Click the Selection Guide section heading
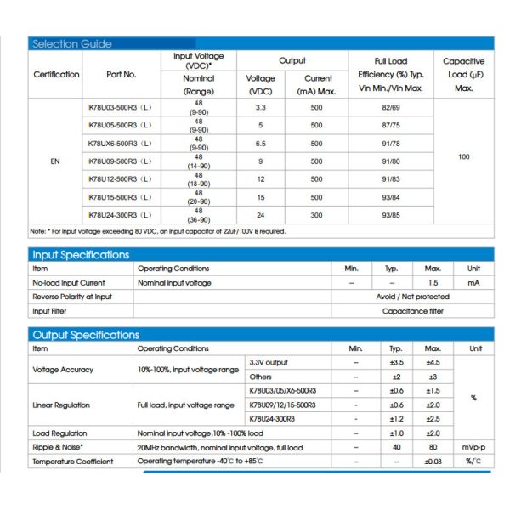point(71,44)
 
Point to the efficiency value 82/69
point(391,107)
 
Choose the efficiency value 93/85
point(391,215)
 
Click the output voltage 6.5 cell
point(261,144)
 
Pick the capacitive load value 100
point(463,157)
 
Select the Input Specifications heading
point(81,255)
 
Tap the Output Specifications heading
point(85,335)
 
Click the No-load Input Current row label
point(69,282)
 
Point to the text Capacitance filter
point(413,311)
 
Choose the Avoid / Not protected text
point(413,297)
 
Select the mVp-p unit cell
point(473,447)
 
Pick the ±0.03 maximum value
point(433,462)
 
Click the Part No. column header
point(122,74)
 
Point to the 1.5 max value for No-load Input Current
point(433,282)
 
